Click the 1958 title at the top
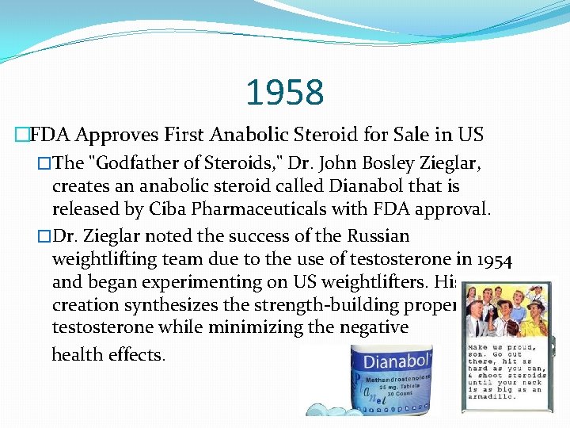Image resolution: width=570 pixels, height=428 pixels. point(285,93)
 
